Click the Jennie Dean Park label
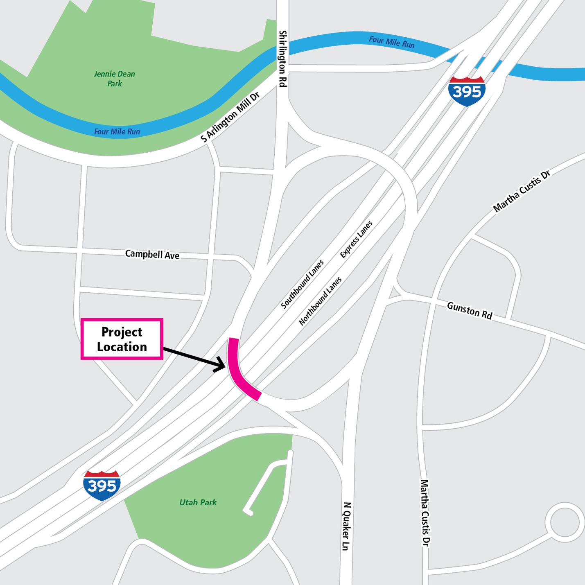(x=115, y=79)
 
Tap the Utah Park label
(x=198, y=502)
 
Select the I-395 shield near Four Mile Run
(x=467, y=91)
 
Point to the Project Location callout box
(x=122, y=339)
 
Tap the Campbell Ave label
(x=152, y=254)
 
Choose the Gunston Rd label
(x=469, y=310)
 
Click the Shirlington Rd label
(x=282, y=58)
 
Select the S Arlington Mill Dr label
(x=230, y=117)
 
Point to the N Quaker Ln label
(x=346, y=526)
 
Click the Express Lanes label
(x=356, y=239)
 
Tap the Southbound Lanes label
(x=302, y=284)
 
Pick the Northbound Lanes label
(x=320, y=301)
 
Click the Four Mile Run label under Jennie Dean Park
(x=117, y=131)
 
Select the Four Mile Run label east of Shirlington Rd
(x=392, y=42)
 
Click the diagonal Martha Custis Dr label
(x=522, y=191)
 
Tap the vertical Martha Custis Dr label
(x=425, y=513)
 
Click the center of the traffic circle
(x=565, y=522)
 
